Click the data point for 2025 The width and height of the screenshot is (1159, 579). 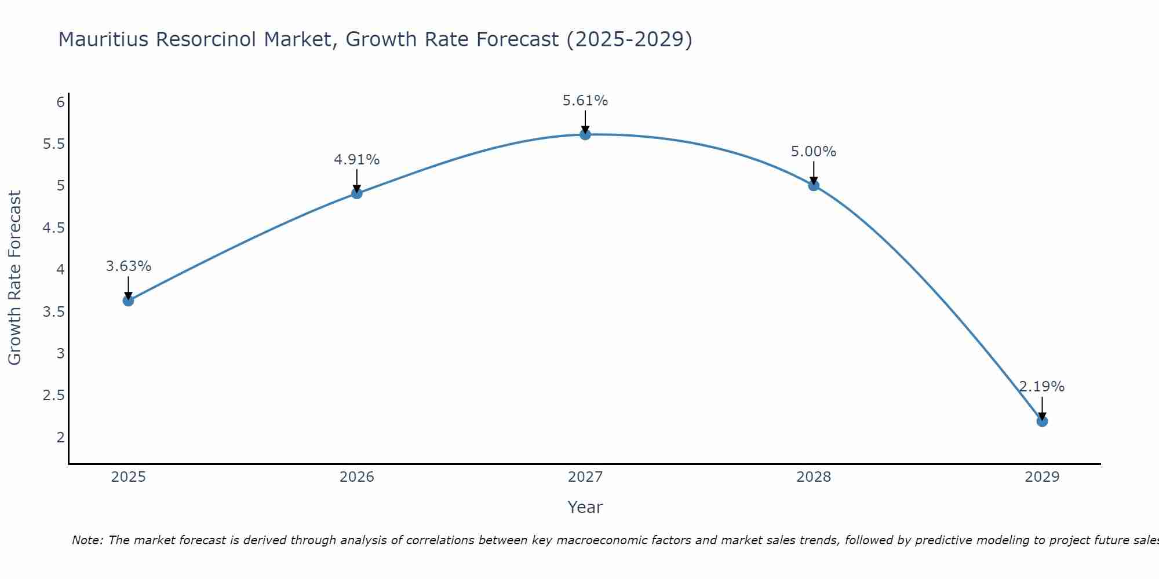pos(129,301)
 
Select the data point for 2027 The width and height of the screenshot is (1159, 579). pos(585,134)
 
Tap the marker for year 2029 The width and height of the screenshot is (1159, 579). pos(1042,421)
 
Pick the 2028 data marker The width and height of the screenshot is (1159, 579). pos(814,185)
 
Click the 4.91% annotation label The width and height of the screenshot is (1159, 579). pos(357,160)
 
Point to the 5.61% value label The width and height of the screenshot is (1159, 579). pos(585,101)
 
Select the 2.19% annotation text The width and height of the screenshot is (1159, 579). pos(1042,387)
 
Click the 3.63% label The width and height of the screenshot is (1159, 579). pos(129,266)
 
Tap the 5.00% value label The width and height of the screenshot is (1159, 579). pos(814,152)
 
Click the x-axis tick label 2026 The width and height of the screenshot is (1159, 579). pos(357,477)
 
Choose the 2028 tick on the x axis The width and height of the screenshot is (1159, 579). pos(814,477)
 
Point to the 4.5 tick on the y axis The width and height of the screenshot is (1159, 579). pos(54,228)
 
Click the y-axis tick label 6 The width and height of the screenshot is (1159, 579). pos(60,102)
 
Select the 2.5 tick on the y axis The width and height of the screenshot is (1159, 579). pos(54,395)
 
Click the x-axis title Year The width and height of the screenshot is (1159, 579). pos(585,507)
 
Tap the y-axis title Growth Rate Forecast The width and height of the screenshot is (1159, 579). pos(15,278)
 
